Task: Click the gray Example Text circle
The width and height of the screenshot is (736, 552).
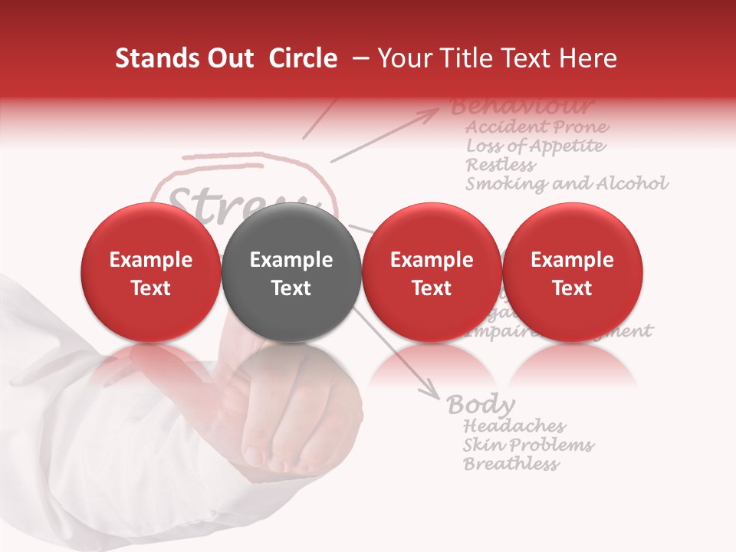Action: pyautogui.click(x=291, y=272)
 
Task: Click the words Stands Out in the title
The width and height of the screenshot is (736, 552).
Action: pyautogui.click(x=184, y=58)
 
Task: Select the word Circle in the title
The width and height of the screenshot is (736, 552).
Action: pyautogui.click(x=303, y=58)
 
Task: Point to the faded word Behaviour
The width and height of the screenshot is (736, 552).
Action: pyautogui.click(x=521, y=105)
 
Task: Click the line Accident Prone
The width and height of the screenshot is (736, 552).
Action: pyautogui.click(x=537, y=127)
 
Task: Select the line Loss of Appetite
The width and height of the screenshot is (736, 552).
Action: pyautogui.click(x=535, y=146)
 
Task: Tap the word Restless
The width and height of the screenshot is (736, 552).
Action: pyautogui.click(x=501, y=165)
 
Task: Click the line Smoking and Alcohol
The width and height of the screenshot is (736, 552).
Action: pyautogui.click(x=567, y=184)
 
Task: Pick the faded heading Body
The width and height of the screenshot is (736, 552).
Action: pyautogui.click(x=481, y=404)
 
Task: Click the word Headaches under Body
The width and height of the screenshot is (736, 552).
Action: pyautogui.click(x=514, y=426)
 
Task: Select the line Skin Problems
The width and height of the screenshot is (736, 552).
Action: pyautogui.click(x=528, y=445)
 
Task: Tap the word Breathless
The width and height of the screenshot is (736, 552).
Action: pyautogui.click(x=511, y=464)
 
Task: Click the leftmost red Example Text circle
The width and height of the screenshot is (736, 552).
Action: pyautogui.click(x=150, y=272)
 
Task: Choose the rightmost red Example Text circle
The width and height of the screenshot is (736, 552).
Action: pyautogui.click(x=572, y=272)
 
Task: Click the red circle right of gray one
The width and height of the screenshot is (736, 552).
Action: pyautogui.click(x=432, y=272)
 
